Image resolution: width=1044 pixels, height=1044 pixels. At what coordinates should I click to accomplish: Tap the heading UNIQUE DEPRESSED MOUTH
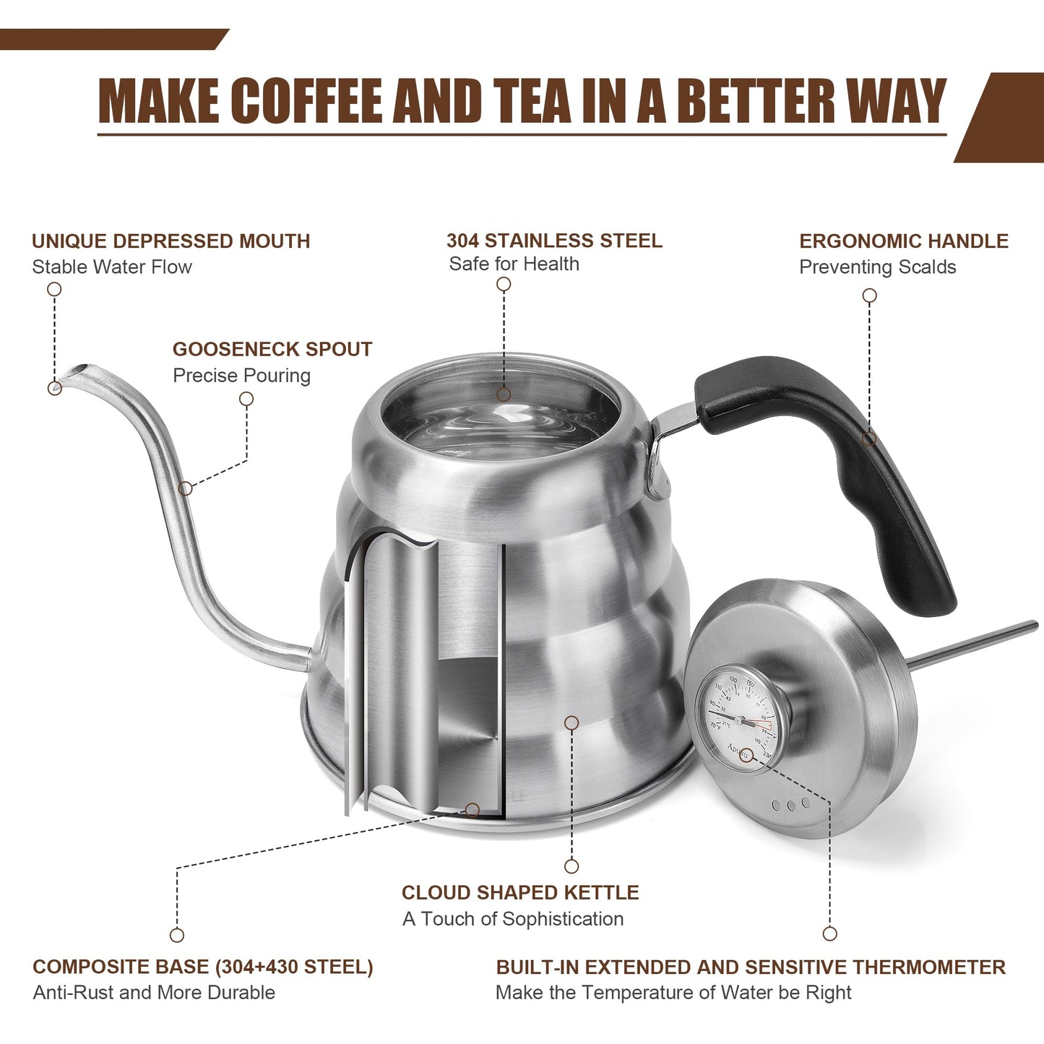[171, 241]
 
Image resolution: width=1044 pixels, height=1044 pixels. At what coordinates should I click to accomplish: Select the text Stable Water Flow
[112, 267]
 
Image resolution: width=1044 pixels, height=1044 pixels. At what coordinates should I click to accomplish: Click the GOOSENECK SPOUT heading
[272, 350]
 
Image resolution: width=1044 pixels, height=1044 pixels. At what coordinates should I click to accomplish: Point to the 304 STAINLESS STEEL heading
[554, 241]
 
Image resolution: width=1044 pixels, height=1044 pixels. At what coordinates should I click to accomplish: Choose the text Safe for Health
[514, 264]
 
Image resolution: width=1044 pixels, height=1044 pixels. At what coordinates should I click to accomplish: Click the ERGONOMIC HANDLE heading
[903, 241]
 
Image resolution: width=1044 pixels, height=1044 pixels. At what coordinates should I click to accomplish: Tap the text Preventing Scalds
[877, 267]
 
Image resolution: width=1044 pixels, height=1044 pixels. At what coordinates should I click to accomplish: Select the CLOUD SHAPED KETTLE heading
[520, 893]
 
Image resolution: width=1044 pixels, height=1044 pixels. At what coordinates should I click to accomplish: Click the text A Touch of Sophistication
[513, 919]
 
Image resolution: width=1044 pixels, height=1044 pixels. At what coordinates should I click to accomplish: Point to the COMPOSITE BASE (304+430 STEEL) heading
[203, 967]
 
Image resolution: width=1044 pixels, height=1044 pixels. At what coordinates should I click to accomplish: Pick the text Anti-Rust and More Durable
[154, 993]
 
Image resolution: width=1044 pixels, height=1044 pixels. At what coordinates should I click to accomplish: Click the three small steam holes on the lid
[790, 804]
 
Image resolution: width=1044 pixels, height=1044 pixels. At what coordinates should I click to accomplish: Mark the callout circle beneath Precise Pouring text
[246, 399]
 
